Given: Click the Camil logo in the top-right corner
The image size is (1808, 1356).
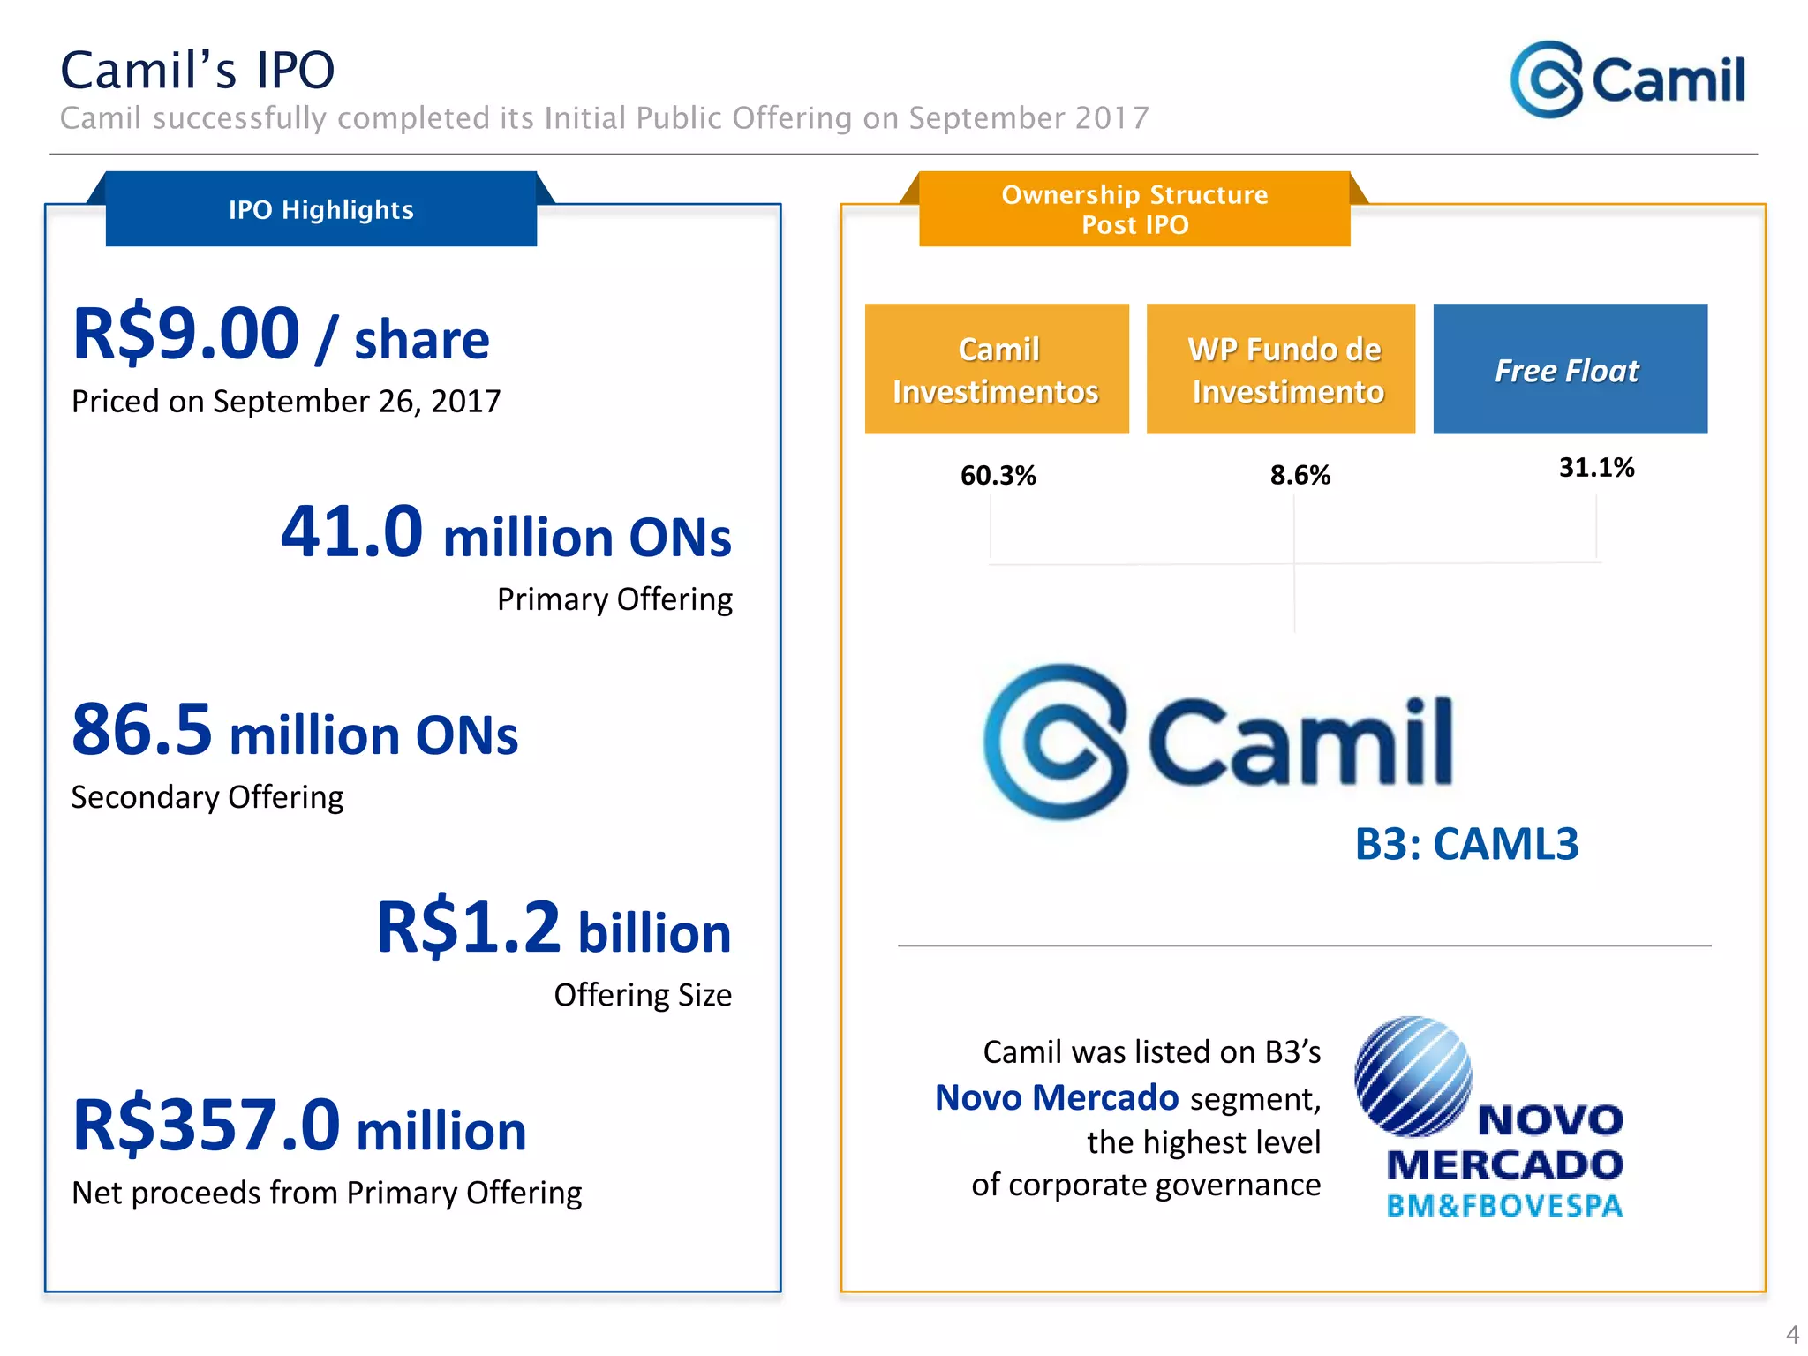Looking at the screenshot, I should coord(1627,79).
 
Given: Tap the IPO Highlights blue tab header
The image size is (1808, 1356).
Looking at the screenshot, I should coord(320,209).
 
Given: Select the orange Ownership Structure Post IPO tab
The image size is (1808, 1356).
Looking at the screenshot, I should coord(1134,209).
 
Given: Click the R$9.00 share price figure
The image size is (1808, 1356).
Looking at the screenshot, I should coord(186,335).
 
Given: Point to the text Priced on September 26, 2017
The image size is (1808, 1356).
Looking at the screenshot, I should coord(285,402).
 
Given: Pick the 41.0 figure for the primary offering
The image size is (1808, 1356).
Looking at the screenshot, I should coord(352,532).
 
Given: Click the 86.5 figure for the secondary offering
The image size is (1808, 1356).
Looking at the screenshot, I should coord(142,730).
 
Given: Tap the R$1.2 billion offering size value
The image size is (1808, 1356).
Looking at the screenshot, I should coord(554,928).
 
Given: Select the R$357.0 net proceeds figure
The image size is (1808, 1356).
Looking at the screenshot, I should coord(207,1126).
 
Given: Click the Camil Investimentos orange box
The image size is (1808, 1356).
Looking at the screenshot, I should coord(997,369).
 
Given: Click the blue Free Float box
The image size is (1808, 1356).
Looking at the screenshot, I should coord(1570,369).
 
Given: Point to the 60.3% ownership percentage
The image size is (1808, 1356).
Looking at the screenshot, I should coord(998,476).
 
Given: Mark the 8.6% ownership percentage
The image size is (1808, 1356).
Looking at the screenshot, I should coord(1299,476).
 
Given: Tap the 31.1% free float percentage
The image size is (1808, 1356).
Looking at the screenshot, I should coord(1596,468).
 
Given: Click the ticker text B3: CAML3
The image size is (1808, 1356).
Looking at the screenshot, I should coord(1466,844).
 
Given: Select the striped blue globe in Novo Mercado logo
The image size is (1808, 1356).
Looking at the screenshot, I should coord(1412,1076).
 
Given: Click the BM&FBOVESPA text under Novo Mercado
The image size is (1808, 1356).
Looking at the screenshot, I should coord(1504,1206).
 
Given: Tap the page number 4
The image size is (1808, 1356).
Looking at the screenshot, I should coord(1791,1333).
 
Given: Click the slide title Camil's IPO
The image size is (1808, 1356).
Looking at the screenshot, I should coord(197,71).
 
